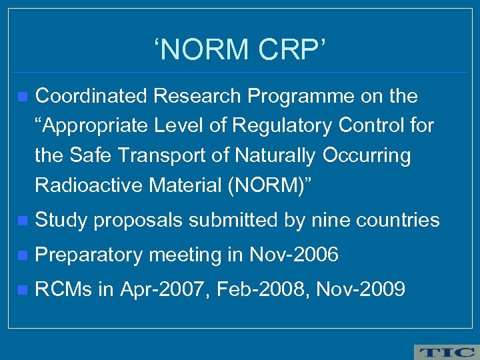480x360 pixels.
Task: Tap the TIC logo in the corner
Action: [x=445, y=351]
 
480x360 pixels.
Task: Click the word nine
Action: [x=334, y=220]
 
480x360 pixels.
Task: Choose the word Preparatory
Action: [x=89, y=255]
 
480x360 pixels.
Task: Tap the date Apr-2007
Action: [x=170, y=289]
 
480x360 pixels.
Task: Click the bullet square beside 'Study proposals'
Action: [x=23, y=221]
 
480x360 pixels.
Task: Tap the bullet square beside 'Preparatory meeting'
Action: [x=23, y=255]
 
